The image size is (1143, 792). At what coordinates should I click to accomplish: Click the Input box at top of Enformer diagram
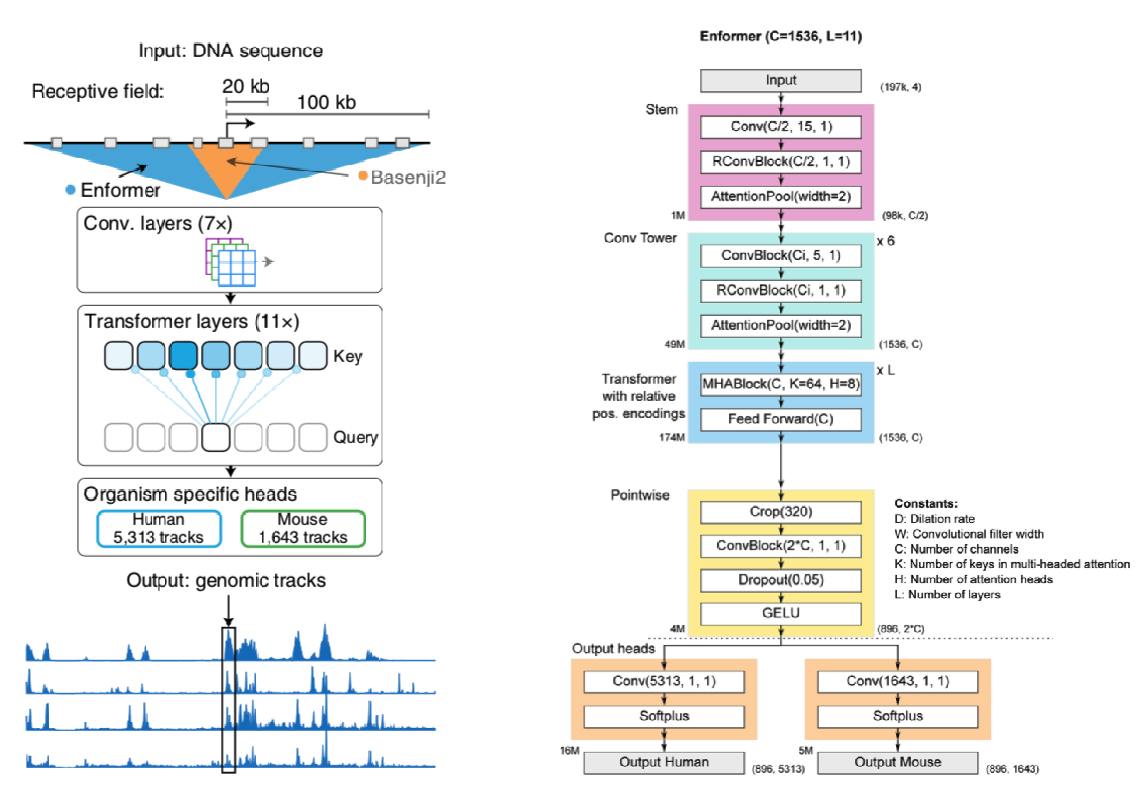click(x=780, y=80)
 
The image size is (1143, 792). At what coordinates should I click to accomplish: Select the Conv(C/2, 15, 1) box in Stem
click(x=780, y=126)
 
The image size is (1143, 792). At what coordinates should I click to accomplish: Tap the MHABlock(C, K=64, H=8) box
click(x=780, y=384)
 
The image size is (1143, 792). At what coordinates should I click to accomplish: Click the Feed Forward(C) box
click(x=780, y=419)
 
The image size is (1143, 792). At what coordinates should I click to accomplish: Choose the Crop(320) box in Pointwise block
click(x=780, y=512)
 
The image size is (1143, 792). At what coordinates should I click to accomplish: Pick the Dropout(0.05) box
click(x=780, y=580)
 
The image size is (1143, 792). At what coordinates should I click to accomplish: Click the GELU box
click(x=780, y=613)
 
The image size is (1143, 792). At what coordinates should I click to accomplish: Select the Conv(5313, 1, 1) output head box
click(x=664, y=681)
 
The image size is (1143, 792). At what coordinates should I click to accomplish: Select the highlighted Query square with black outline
click(x=216, y=437)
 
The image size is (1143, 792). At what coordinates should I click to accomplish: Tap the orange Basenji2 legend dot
click(x=363, y=176)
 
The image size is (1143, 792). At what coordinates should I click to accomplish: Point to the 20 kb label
click(x=245, y=87)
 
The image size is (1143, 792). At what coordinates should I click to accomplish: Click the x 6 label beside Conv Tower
click(x=885, y=241)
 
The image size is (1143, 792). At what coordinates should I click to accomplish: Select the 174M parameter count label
click(x=672, y=437)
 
